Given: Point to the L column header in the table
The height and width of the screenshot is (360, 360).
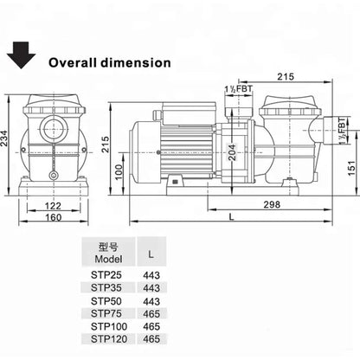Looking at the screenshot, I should (x=151, y=254).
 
